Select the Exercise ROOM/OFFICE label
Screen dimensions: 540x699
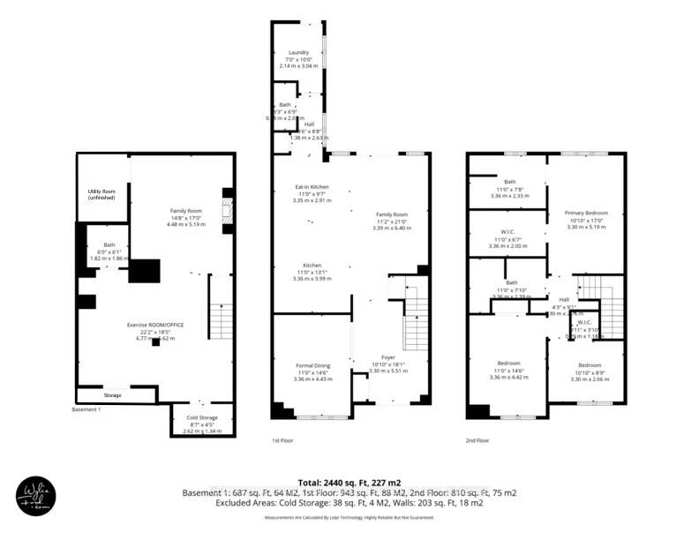click(x=155, y=326)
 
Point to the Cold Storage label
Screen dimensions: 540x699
click(x=202, y=416)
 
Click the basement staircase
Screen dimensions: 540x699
click(x=221, y=322)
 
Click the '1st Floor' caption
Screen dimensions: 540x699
click(x=283, y=439)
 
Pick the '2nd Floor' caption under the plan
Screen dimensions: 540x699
click(x=477, y=439)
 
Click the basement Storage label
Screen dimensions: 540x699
click(x=112, y=394)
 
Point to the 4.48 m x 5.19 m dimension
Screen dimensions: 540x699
click(x=186, y=224)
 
